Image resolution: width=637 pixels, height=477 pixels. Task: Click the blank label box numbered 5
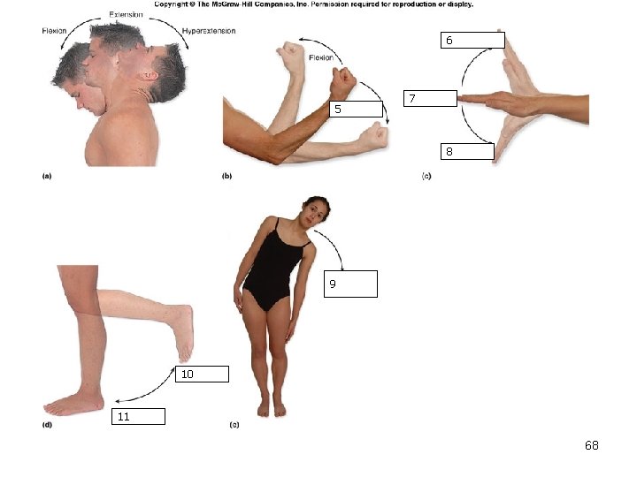click(x=356, y=109)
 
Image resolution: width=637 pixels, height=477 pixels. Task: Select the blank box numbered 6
click(x=472, y=40)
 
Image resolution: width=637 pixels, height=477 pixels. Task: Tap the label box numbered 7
click(x=430, y=99)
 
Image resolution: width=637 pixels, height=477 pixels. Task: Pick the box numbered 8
click(x=468, y=151)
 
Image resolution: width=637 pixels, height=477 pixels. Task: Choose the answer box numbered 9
click(x=350, y=284)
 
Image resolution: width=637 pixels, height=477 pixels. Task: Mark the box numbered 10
click(x=202, y=374)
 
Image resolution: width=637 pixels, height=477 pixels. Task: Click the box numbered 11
click(x=139, y=417)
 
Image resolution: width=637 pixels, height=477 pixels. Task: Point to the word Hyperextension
click(x=209, y=31)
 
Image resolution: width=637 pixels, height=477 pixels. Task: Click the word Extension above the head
click(x=126, y=15)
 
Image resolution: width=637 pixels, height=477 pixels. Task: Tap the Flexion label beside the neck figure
click(x=54, y=31)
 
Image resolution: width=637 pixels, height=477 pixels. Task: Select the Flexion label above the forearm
click(x=321, y=57)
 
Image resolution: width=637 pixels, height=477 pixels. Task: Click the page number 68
click(x=592, y=445)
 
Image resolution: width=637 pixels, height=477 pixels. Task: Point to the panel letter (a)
click(x=47, y=176)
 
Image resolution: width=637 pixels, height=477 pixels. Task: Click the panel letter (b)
click(x=226, y=176)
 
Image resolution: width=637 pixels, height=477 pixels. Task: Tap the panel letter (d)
click(x=47, y=425)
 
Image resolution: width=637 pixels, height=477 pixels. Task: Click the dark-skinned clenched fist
click(x=342, y=82)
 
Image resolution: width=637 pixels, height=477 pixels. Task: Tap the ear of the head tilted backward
click(x=150, y=76)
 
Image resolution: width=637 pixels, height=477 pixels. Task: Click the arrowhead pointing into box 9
click(x=342, y=269)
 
